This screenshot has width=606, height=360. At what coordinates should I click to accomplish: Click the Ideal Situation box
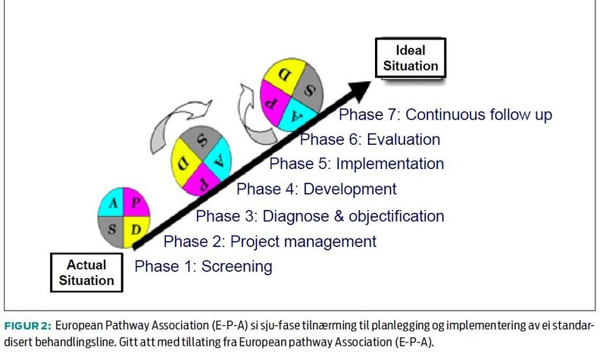[410, 58]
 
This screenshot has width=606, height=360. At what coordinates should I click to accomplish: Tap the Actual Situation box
[86, 273]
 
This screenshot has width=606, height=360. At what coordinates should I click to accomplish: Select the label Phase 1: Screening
[203, 267]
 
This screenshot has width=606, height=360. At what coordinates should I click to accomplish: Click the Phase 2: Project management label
[270, 242]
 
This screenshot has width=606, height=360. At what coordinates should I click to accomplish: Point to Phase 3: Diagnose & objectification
[320, 216]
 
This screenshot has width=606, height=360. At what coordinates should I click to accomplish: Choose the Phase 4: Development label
[316, 189]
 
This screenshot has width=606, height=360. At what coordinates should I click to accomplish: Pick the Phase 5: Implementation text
[357, 164]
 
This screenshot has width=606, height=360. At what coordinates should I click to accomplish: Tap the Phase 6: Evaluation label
[370, 139]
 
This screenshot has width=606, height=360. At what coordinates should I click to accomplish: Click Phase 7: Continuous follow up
[445, 115]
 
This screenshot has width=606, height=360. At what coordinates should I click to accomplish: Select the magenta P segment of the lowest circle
[137, 203]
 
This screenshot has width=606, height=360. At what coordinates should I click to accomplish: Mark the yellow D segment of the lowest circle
[137, 227]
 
